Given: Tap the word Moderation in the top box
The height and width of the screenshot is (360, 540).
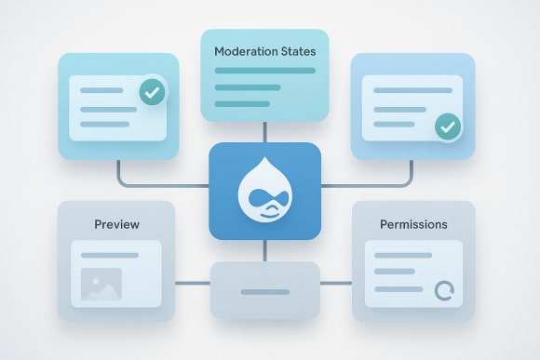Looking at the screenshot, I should pyautogui.click(x=245, y=51).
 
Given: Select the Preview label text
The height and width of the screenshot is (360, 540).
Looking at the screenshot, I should pyautogui.click(x=116, y=224).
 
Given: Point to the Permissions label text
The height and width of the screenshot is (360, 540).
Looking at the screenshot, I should pyautogui.click(x=413, y=224).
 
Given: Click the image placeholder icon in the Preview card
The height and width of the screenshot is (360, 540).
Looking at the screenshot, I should pyautogui.click(x=101, y=285).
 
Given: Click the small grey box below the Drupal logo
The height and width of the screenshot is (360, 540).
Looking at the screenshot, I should pyautogui.click(x=264, y=290).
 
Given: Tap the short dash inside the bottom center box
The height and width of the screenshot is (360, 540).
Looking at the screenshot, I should pyautogui.click(x=264, y=292).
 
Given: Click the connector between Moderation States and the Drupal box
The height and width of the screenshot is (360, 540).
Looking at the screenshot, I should pyautogui.click(x=264, y=131).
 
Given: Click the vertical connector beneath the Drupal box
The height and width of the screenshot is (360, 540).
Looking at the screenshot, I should pyautogui.click(x=264, y=248).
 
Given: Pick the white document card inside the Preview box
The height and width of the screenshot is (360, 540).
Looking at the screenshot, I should pyautogui.click(x=116, y=273).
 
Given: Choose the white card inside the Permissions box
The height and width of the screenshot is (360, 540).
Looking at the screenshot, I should pyautogui.click(x=413, y=273).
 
